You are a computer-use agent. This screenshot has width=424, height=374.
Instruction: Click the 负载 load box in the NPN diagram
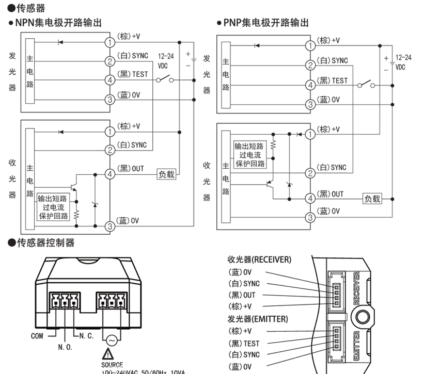click(x=166, y=174)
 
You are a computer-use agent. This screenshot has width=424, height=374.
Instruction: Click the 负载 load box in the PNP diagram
click(x=372, y=198)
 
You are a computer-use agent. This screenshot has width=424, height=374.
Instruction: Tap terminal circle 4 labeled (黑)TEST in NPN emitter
click(x=110, y=80)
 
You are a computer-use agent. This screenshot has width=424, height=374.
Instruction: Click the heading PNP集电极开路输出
click(x=266, y=23)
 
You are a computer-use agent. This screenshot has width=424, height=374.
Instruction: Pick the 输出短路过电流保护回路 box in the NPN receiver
click(x=53, y=207)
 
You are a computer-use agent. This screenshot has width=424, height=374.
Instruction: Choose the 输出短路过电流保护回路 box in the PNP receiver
click(x=250, y=154)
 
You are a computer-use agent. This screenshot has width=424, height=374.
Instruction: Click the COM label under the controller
click(x=37, y=336)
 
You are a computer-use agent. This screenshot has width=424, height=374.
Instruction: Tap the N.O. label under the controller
click(x=65, y=347)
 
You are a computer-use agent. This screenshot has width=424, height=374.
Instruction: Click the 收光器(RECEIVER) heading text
click(x=259, y=259)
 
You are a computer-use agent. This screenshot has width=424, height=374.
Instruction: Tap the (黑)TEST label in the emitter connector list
click(x=245, y=343)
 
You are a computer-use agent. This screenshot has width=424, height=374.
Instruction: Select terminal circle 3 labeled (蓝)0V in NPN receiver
click(x=110, y=226)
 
